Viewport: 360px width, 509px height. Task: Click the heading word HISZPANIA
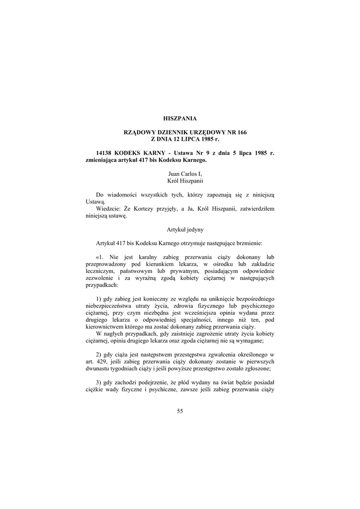(x=180, y=118)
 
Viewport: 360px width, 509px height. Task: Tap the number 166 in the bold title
(x=240, y=132)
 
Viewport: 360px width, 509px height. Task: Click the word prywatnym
(x=186, y=271)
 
